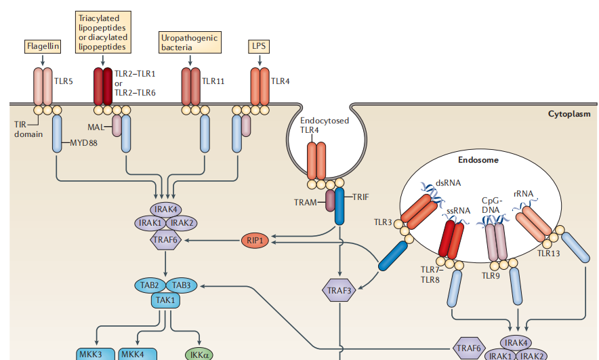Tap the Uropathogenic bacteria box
tap(190, 43)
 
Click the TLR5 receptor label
tap(63, 81)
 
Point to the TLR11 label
tap(213, 81)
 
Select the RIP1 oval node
tap(255, 240)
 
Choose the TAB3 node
tap(181, 285)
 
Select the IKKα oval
tap(199, 354)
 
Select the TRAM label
tap(307, 202)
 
